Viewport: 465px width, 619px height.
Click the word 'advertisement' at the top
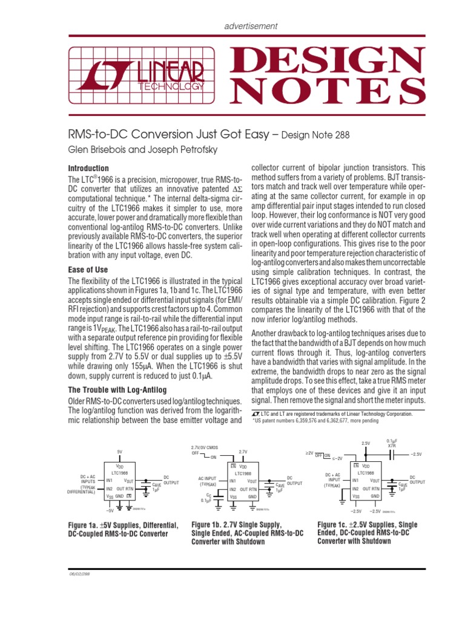(x=251, y=26)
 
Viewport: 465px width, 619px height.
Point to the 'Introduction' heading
(x=88, y=168)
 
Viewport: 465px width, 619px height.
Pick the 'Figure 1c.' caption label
(x=336, y=524)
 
